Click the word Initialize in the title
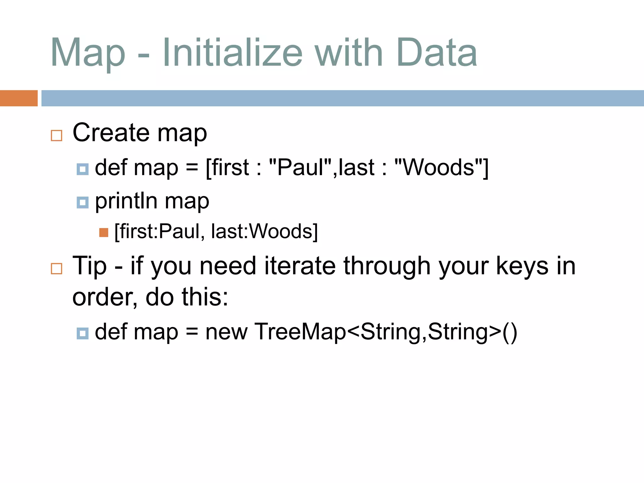232,53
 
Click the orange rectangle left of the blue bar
19,98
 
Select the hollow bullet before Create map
57,136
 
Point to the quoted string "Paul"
300,167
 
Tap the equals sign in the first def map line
192,168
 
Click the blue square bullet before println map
83,202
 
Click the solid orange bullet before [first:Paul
103,233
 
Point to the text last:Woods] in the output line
264,231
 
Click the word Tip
89,266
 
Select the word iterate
300,266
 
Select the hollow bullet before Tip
57,269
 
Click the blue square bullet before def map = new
83,333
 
